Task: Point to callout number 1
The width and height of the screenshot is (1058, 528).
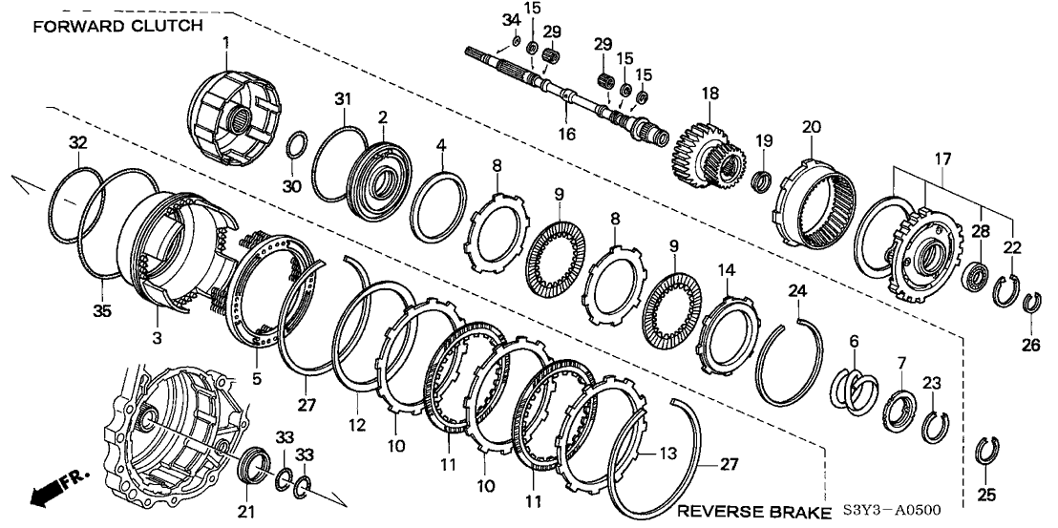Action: pyautogui.click(x=226, y=42)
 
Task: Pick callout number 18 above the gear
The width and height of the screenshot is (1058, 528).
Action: pyautogui.click(x=709, y=94)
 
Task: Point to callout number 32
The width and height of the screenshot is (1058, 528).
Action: pyautogui.click(x=78, y=143)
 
